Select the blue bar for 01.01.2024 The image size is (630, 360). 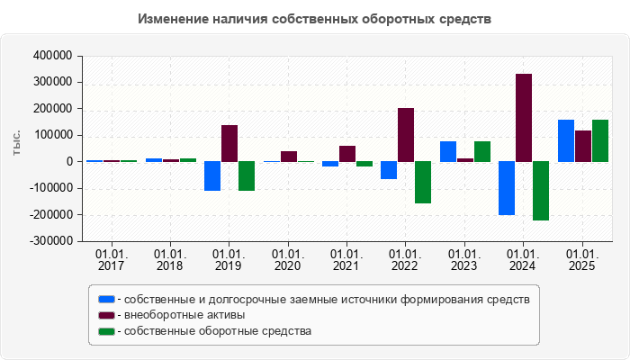click(x=507, y=188)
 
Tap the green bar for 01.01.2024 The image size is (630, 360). click(x=540, y=191)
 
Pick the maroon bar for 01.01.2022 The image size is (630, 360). click(x=406, y=135)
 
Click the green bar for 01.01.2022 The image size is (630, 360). click(x=423, y=183)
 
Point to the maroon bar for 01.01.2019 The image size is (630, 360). click(x=229, y=143)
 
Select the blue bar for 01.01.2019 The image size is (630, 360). click(x=212, y=176)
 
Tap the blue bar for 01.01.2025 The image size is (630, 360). click(x=566, y=140)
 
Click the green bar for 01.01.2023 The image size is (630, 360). click(x=481, y=151)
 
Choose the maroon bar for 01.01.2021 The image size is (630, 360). click(x=347, y=154)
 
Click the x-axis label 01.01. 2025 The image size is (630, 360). click(x=582, y=261)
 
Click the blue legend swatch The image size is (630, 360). click(x=106, y=299)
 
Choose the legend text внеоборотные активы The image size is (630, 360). click(x=184, y=315)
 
